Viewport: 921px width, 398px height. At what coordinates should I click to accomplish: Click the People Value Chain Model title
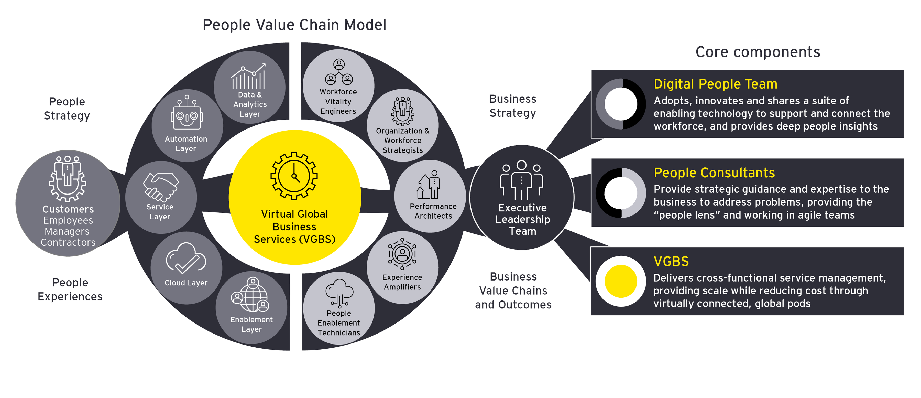coord(294,25)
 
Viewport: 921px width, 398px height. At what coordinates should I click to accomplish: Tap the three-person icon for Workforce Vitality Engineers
coord(338,73)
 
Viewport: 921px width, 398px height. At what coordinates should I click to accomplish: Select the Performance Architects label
coord(433,211)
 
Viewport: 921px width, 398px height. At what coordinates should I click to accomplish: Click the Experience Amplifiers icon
coord(402,254)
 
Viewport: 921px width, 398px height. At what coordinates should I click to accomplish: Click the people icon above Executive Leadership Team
coord(522,180)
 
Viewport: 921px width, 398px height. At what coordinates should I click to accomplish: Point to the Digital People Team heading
coord(715,84)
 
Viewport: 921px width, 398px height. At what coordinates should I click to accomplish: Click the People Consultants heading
coord(714,173)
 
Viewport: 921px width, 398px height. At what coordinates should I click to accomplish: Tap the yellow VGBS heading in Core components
coord(671,261)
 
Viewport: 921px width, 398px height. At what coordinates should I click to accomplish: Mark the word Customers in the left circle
coord(68,209)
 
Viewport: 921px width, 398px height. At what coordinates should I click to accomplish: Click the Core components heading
coord(758,52)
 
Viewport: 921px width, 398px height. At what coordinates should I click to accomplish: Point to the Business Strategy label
coord(513,106)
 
